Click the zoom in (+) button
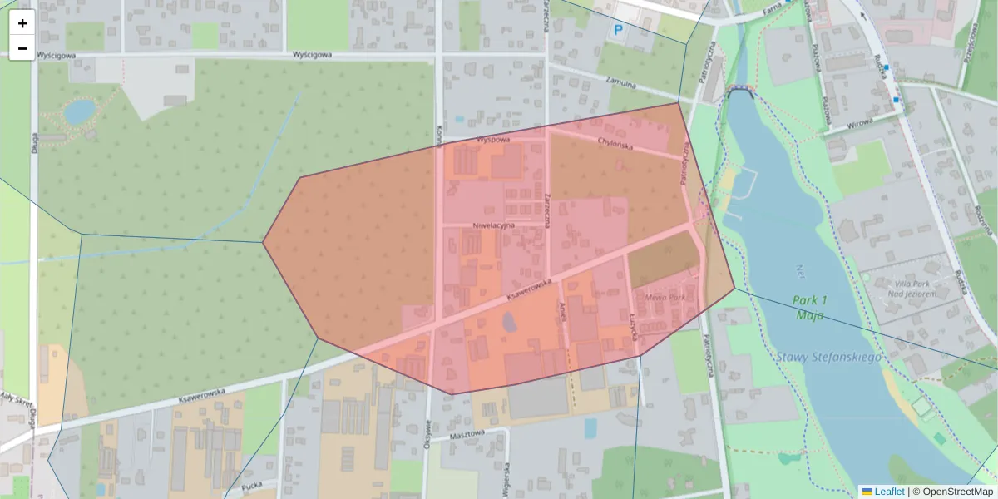tap(22, 23)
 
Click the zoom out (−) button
tap(22, 48)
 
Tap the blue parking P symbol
tap(618, 32)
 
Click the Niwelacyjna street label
tap(494, 225)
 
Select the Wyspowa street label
tap(492, 140)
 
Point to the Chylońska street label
tap(615, 145)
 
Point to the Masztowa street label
tap(466, 434)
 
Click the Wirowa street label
tap(860, 123)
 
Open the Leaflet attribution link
tap(888, 492)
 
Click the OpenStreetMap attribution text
tap(956, 492)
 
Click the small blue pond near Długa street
tap(80, 111)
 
